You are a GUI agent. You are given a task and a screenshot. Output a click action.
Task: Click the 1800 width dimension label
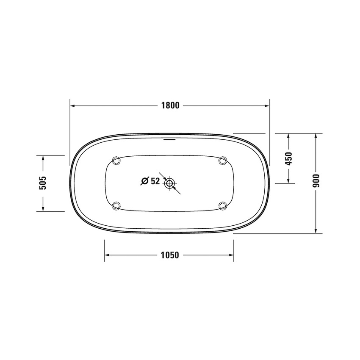pyautogui.click(x=170, y=105)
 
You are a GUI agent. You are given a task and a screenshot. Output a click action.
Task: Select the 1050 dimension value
pyautogui.click(x=170, y=255)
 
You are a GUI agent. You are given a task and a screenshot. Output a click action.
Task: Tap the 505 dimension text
pyautogui.click(x=43, y=183)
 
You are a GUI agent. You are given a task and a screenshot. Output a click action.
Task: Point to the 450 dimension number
pyautogui.click(x=288, y=159)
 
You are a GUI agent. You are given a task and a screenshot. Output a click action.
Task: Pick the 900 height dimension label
pyautogui.click(x=316, y=181)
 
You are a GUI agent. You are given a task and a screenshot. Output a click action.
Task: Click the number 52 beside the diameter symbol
pyautogui.click(x=155, y=181)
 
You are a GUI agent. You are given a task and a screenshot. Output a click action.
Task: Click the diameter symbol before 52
pyautogui.click(x=145, y=181)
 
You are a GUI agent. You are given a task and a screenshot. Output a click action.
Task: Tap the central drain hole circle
pyautogui.click(x=170, y=183)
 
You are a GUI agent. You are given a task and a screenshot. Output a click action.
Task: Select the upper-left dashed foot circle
pyautogui.click(x=116, y=161)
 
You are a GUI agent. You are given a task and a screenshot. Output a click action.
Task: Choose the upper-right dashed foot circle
pyautogui.click(x=223, y=161)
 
